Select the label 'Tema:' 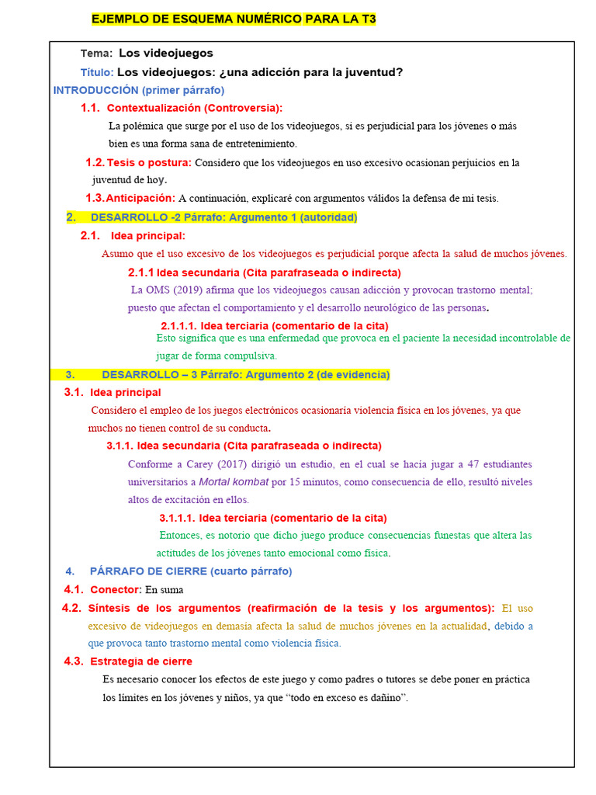pyautogui.click(x=97, y=54)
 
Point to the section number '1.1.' pyautogui.click(x=90, y=108)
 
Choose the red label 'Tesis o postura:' pyautogui.click(x=149, y=163)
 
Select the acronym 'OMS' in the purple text pyautogui.click(x=154, y=290)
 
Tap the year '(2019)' pyautogui.click(x=186, y=290)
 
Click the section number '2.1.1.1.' pyautogui.click(x=178, y=326)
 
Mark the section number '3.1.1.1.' pyautogui.click(x=177, y=518)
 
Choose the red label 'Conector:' pyautogui.click(x=116, y=590)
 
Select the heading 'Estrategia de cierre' pyautogui.click(x=141, y=661)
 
